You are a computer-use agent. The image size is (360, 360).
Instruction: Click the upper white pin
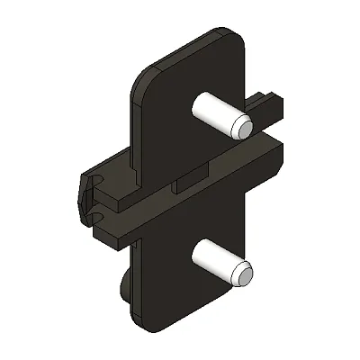tap(216, 113)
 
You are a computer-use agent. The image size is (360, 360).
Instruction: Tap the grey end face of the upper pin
tap(241, 126)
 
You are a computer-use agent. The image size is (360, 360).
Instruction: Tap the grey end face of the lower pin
tap(243, 274)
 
